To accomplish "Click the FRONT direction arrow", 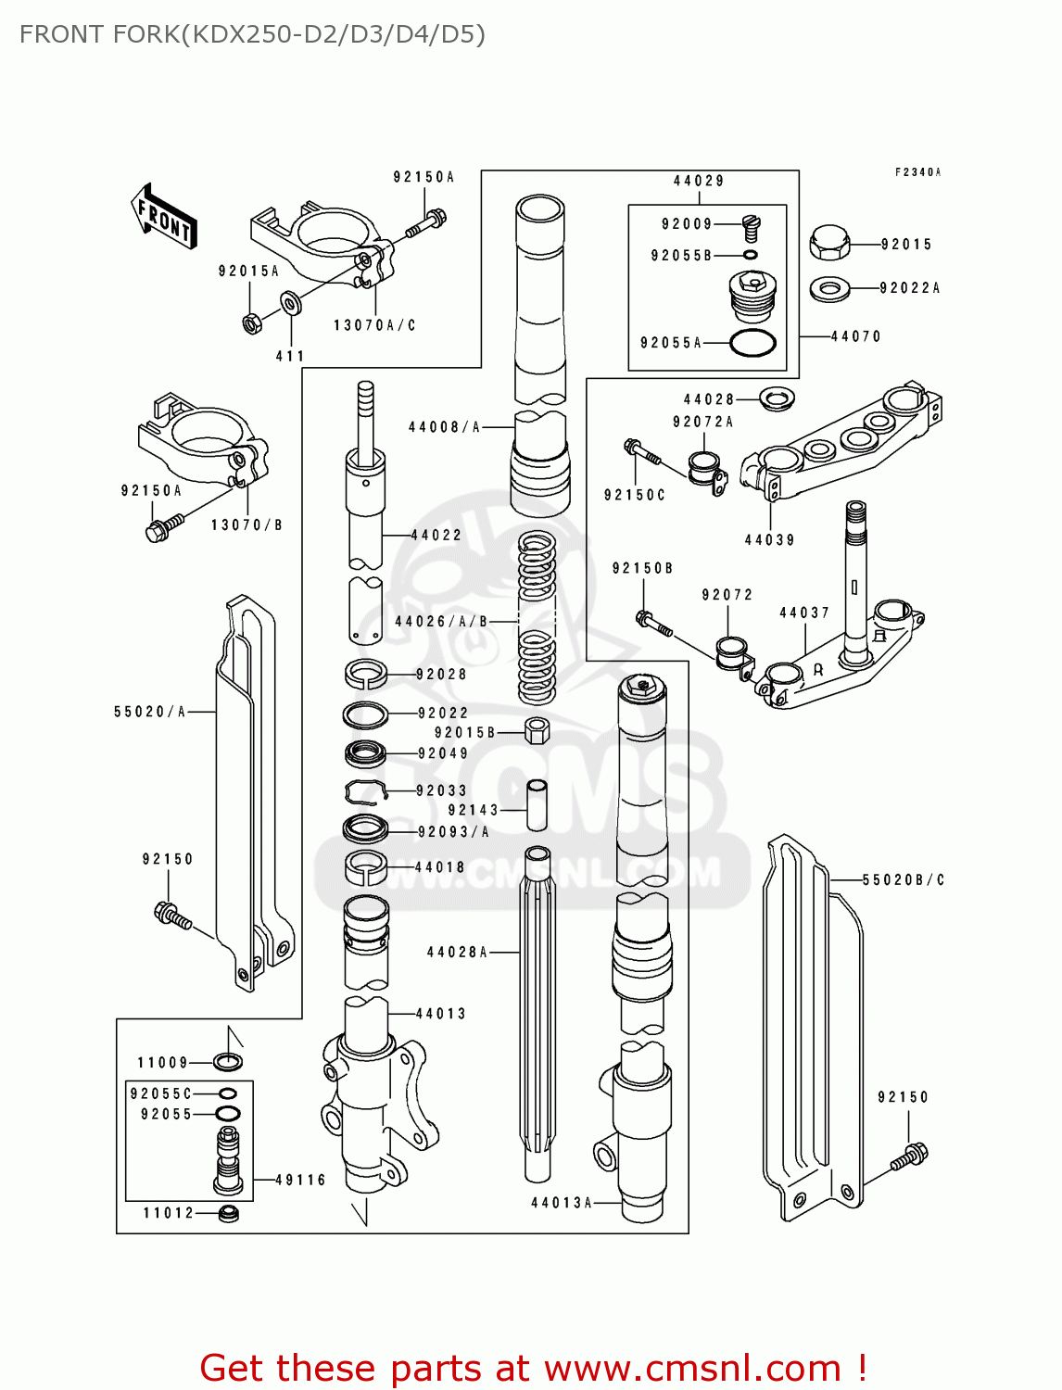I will pos(164,217).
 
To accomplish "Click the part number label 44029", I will pos(699,181).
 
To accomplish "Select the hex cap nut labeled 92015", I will pos(829,243).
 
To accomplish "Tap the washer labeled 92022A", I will pos(829,289).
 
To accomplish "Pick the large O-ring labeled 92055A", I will pos(752,343).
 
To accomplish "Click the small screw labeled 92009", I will pos(751,226).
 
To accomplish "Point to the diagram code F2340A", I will pos(917,172).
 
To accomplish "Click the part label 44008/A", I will pos(445,427).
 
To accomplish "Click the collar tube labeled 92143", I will pos(537,805).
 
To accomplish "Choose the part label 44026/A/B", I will pos(441,622).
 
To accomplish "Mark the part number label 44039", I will pos(769,540).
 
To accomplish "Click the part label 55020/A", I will pos(150,712).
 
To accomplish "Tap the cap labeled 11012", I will pos(228,1213).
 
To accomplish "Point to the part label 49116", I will pos(300,1181).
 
